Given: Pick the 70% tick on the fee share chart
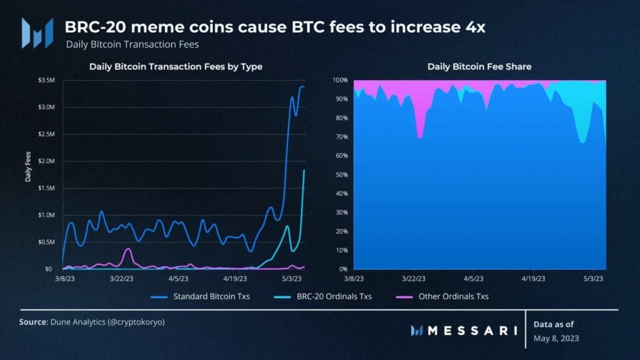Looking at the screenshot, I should click(341, 137).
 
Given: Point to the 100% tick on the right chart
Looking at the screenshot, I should click(340, 81).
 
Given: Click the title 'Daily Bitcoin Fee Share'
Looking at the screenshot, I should click(479, 66).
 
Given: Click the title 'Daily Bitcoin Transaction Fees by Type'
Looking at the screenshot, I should click(176, 66).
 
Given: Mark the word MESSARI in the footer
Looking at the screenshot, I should click(472, 330).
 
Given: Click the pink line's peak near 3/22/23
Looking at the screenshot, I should click(128, 249).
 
